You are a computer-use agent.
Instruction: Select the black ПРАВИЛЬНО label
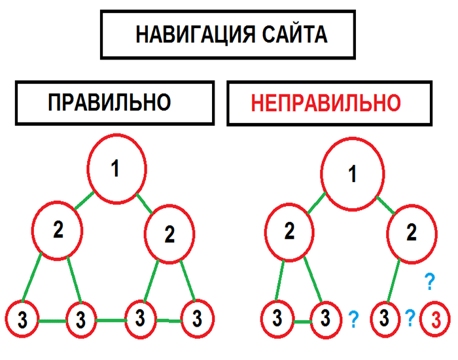click(x=109, y=103)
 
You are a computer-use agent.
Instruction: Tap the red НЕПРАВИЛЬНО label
click(x=326, y=103)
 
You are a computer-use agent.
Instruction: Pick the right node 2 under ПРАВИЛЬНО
click(x=170, y=234)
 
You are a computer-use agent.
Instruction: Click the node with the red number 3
click(x=434, y=320)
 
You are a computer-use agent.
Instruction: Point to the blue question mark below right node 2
click(x=429, y=282)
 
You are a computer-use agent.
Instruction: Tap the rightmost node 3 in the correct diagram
click(x=196, y=319)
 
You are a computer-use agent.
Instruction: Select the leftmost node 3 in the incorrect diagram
click(x=277, y=319)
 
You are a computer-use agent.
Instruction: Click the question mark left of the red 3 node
click(x=410, y=318)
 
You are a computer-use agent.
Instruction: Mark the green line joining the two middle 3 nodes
click(x=109, y=320)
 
